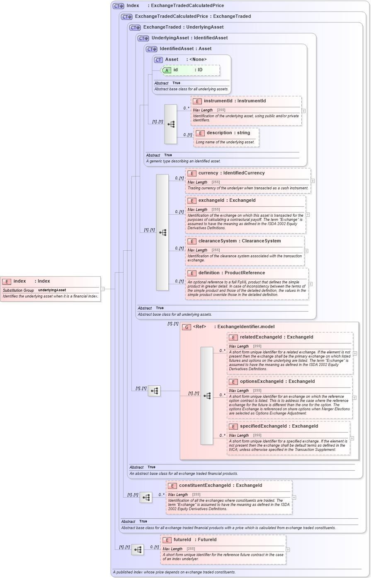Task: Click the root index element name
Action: coord(19,281)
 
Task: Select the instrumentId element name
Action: coord(218,101)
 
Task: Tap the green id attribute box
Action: coord(190,70)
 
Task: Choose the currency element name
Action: coord(208,173)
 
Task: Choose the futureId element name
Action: coord(182,539)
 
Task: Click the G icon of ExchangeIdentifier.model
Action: coord(187,327)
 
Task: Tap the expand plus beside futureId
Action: coord(288,550)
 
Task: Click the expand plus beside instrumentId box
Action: coord(303,111)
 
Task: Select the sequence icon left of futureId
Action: coord(138,550)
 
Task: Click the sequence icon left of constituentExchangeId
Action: coord(146,497)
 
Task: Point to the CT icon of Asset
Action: coord(158,60)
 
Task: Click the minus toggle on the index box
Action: coord(102,289)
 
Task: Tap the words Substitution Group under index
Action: coord(18,290)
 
